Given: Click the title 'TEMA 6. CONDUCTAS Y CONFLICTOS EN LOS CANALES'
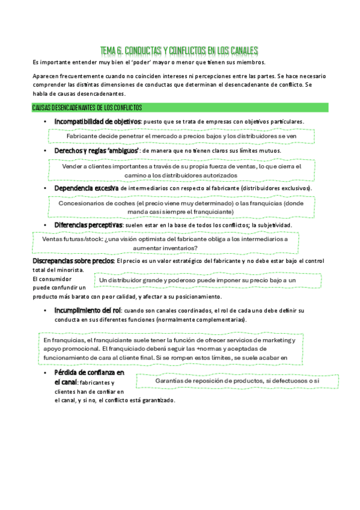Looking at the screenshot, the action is pyautogui.click(x=179, y=50).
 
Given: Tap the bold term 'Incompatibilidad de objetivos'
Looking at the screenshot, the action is pyautogui.click(x=97, y=121).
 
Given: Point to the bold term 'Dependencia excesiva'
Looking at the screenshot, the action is pyautogui.click(x=86, y=188).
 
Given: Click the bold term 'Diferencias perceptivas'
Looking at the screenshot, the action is pyautogui.click(x=88, y=225).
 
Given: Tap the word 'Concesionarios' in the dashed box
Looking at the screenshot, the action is pyautogui.click(x=82, y=203).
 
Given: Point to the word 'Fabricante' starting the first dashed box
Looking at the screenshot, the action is pyautogui.click(x=83, y=136).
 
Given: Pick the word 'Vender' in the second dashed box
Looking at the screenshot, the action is pyautogui.click(x=73, y=167).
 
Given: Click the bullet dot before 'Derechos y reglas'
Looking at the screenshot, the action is pyautogui.click(x=46, y=150).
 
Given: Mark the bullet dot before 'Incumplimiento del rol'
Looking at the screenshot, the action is pyautogui.click(x=46, y=310).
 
